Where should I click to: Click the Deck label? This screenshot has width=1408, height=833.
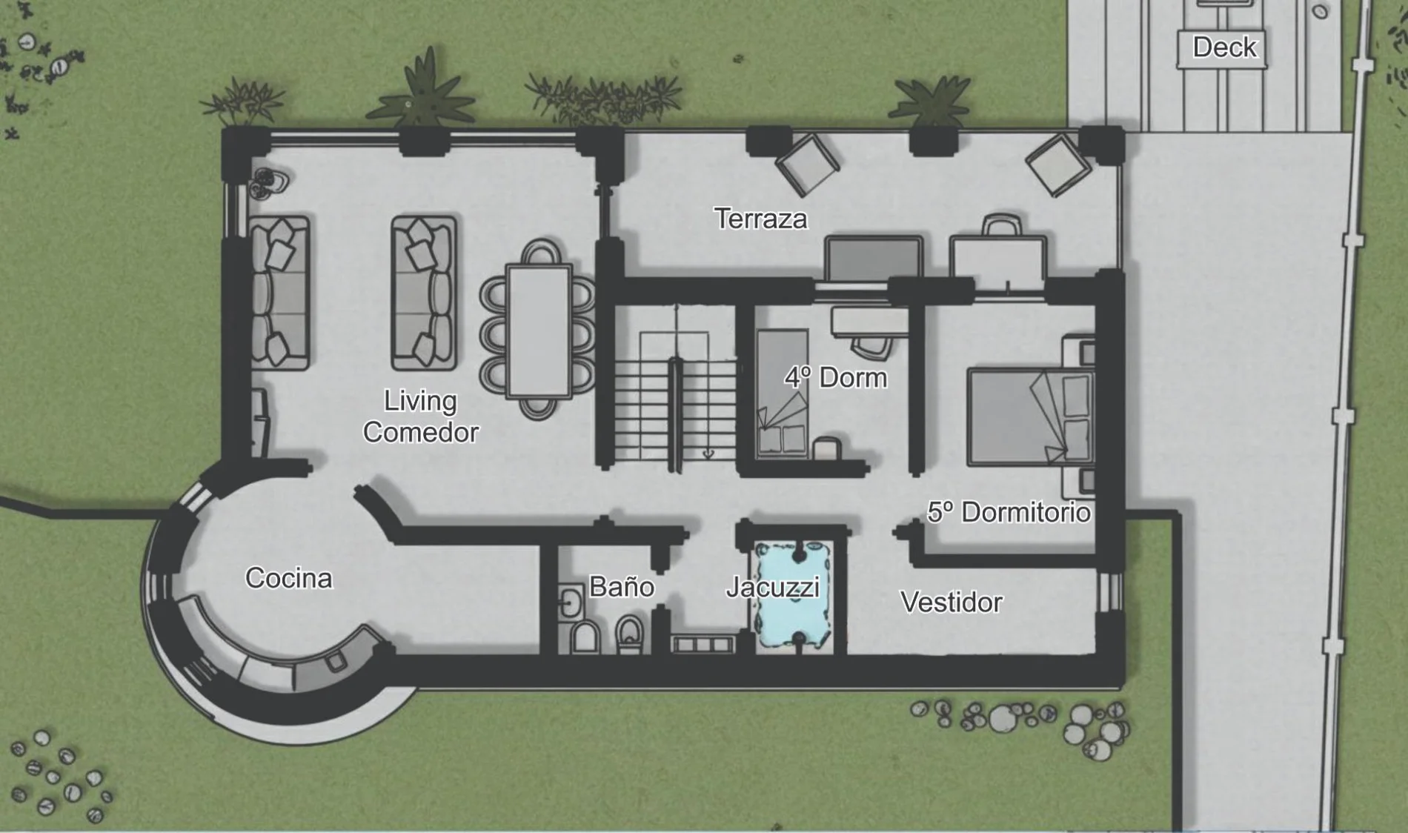(x=1224, y=47)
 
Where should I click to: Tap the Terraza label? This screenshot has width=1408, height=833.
(x=760, y=219)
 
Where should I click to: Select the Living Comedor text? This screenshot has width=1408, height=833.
(x=420, y=416)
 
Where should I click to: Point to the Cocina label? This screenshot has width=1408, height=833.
(x=288, y=578)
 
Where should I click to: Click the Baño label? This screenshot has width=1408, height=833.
(x=621, y=586)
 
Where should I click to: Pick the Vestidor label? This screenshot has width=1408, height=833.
(x=952, y=602)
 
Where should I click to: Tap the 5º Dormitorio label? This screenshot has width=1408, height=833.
(x=1009, y=512)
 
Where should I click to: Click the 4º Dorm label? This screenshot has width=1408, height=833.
(x=835, y=377)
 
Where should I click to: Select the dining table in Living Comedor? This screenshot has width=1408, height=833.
(x=539, y=331)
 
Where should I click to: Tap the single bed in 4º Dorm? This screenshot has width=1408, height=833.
(x=783, y=393)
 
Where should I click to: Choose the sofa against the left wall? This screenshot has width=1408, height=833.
(x=279, y=293)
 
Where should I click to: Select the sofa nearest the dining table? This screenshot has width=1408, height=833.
(x=423, y=293)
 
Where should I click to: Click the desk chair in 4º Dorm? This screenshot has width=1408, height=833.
(x=871, y=347)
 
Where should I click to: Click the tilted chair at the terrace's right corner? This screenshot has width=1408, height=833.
(x=1057, y=165)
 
